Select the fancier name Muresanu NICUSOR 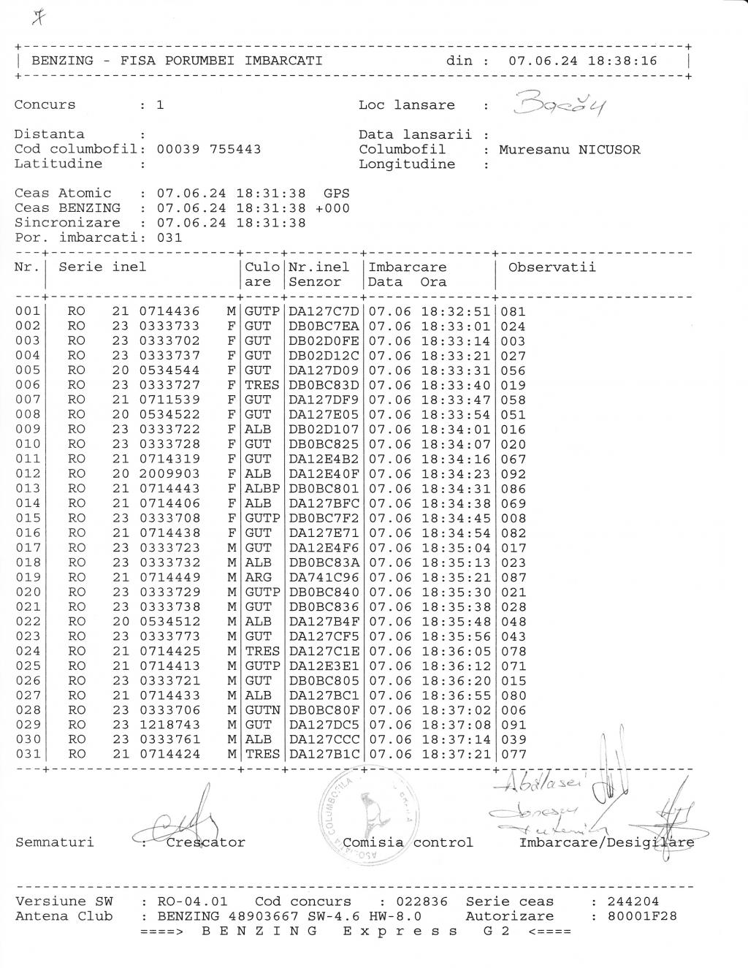pos(569,150)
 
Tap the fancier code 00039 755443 pos(209,149)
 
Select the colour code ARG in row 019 pos(258,577)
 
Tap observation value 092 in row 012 pos(513,473)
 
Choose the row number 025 pos(28,666)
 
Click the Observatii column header pos(552,267)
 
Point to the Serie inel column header pos(102,267)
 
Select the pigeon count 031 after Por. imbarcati pos(169,237)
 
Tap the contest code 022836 pos(421,902)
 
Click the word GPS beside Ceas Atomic pos(336,193)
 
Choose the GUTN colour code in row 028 pos(262,710)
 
